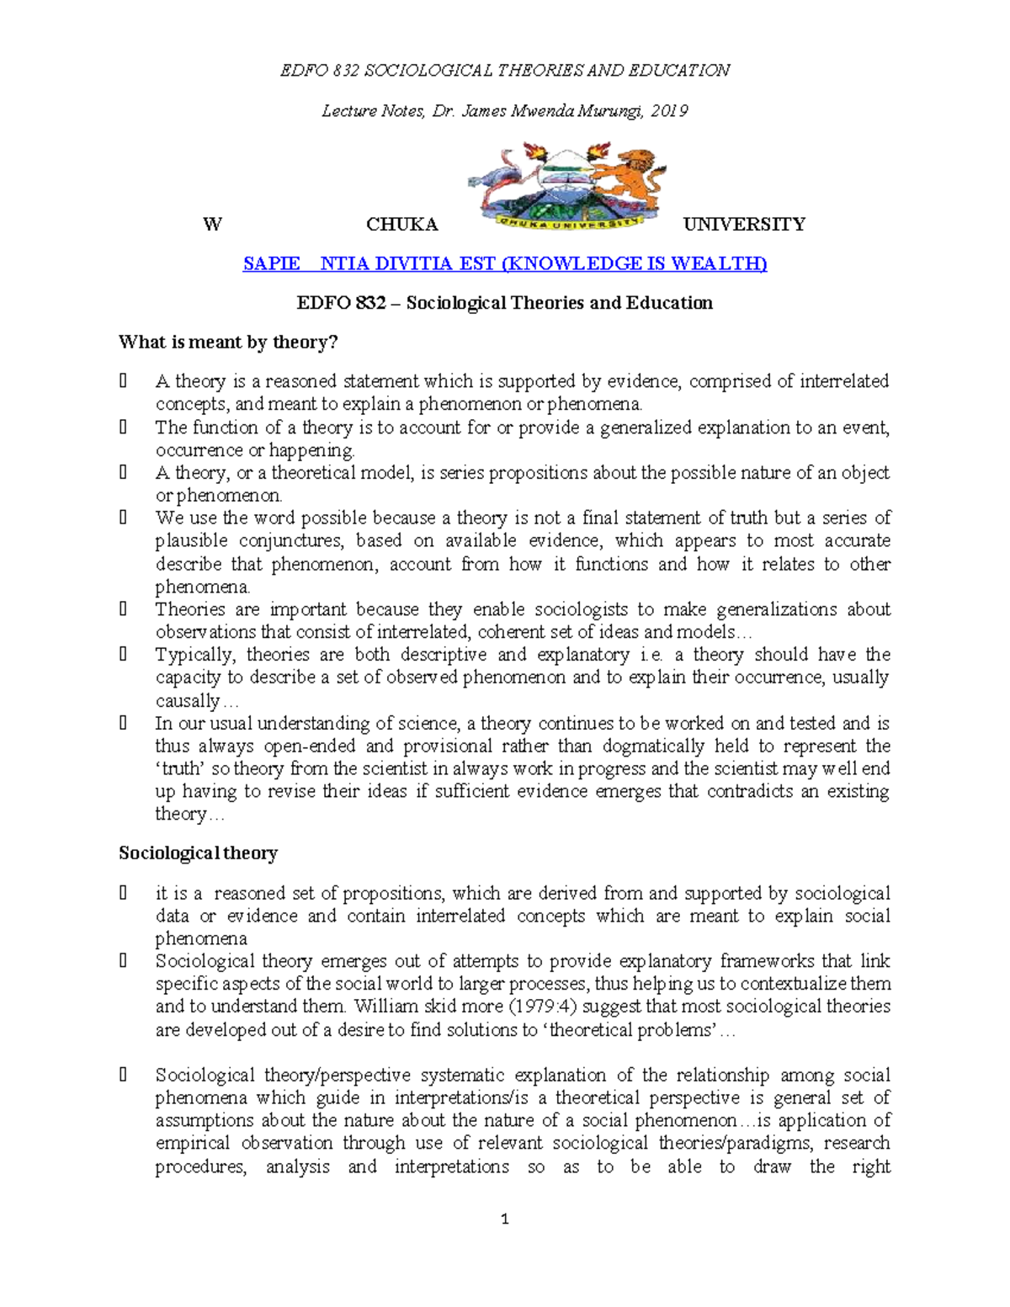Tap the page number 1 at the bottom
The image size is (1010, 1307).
pyautogui.click(x=504, y=1219)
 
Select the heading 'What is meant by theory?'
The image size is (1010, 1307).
pyautogui.click(x=227, y=342)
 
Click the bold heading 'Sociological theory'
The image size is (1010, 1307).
pyautogui.click(x=198, y=853)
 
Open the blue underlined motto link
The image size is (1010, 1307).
pyautogui.click(x=504, y=263)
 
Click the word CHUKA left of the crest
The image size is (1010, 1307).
pyautogui.click(x=401, y=225)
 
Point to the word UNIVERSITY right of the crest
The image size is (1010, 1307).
pyautogui.click(x=744, y=225)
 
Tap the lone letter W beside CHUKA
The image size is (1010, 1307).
pyautogui.click(x=212, y=225)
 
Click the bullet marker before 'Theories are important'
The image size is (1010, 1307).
pyautogui.click(x=124, y=608)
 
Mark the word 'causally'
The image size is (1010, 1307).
pyautogui.click(x=187, y=701)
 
